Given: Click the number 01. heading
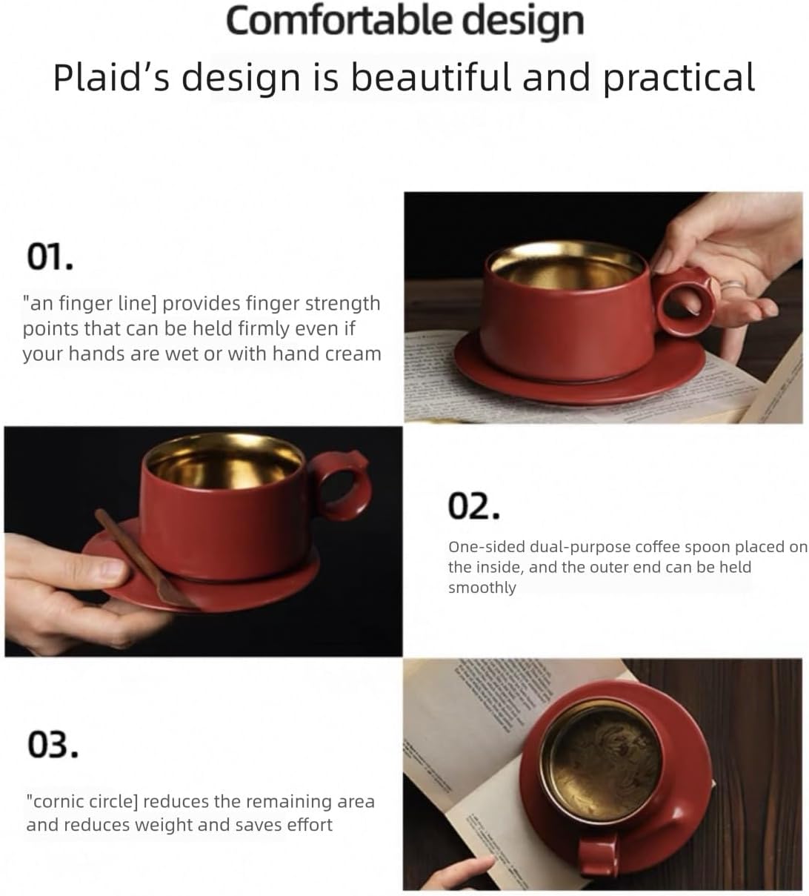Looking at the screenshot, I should (50, 257).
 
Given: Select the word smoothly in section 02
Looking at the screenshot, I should (482, 588).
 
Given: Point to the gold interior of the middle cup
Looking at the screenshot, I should (223, 463).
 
